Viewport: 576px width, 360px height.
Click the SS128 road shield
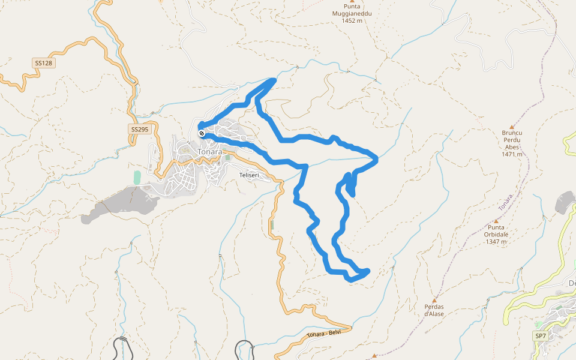[x=43, y=63]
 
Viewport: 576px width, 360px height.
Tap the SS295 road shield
[x=139, y=129]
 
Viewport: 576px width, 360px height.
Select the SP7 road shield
[x=541, y=335]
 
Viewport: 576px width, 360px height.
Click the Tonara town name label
[x=209, y=152]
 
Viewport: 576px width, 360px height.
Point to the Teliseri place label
[x=248, y=175]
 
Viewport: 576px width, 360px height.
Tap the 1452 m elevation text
[x=352, y=20]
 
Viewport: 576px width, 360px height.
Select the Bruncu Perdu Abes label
[x=512, y=140]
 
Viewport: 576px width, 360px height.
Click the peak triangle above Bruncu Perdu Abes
[x=512, y=127]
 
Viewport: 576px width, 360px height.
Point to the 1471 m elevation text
[x=512, y=154]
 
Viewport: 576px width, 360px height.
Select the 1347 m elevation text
[x=497, y=242]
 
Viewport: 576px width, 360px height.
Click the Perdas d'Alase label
[x=434, y=310]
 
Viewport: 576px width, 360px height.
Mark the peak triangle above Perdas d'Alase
[x=434, y=299]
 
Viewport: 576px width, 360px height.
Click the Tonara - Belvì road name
[x=323, y=334]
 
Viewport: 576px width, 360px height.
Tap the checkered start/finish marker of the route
[x=202, y=133]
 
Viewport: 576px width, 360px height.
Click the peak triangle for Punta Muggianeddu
[x=352, y=2]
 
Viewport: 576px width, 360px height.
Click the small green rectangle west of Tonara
[x=137, y=178]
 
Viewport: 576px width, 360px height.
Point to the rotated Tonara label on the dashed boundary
[x=505, y=202]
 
